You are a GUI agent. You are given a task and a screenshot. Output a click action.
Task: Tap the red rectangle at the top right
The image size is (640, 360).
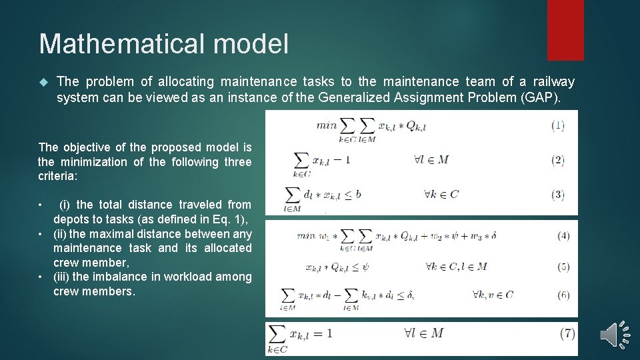565,29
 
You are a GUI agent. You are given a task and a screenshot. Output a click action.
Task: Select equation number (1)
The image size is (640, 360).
559,125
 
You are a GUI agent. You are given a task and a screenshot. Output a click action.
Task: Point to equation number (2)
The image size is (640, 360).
559,160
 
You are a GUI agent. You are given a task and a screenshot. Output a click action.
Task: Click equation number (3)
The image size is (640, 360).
559,195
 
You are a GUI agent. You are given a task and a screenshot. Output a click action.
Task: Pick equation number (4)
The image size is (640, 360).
563,235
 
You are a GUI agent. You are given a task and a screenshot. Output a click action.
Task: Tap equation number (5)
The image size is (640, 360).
563,267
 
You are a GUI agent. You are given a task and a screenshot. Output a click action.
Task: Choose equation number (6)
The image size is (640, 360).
563,295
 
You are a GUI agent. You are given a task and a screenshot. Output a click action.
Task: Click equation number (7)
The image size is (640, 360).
567,333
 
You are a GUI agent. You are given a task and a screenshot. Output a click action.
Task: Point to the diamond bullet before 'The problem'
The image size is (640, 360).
44,82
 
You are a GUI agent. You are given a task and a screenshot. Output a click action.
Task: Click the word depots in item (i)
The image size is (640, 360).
71,219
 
